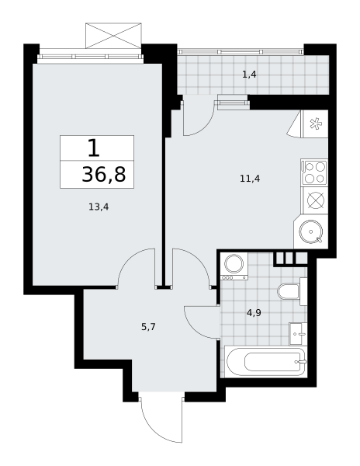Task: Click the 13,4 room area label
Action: coord(99,207)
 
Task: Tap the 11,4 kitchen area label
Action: coord(250,179)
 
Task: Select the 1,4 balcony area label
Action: coord(249,75)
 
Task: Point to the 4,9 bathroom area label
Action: coord(254,313)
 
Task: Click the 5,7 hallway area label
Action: coord(148,327)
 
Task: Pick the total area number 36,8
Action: coord(104,175)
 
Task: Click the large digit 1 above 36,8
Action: coord(94,148)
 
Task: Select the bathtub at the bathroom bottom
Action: coord(265,362)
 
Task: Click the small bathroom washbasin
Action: coord(298,334)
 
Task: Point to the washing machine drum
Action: coord(234,263)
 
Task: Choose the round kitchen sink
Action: coord(311,231)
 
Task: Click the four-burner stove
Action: coord(314,172)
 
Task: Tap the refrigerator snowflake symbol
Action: coord(314,124)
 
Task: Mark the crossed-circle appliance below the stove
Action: coord(315,200)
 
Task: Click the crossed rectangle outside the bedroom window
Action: coord(113,36)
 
